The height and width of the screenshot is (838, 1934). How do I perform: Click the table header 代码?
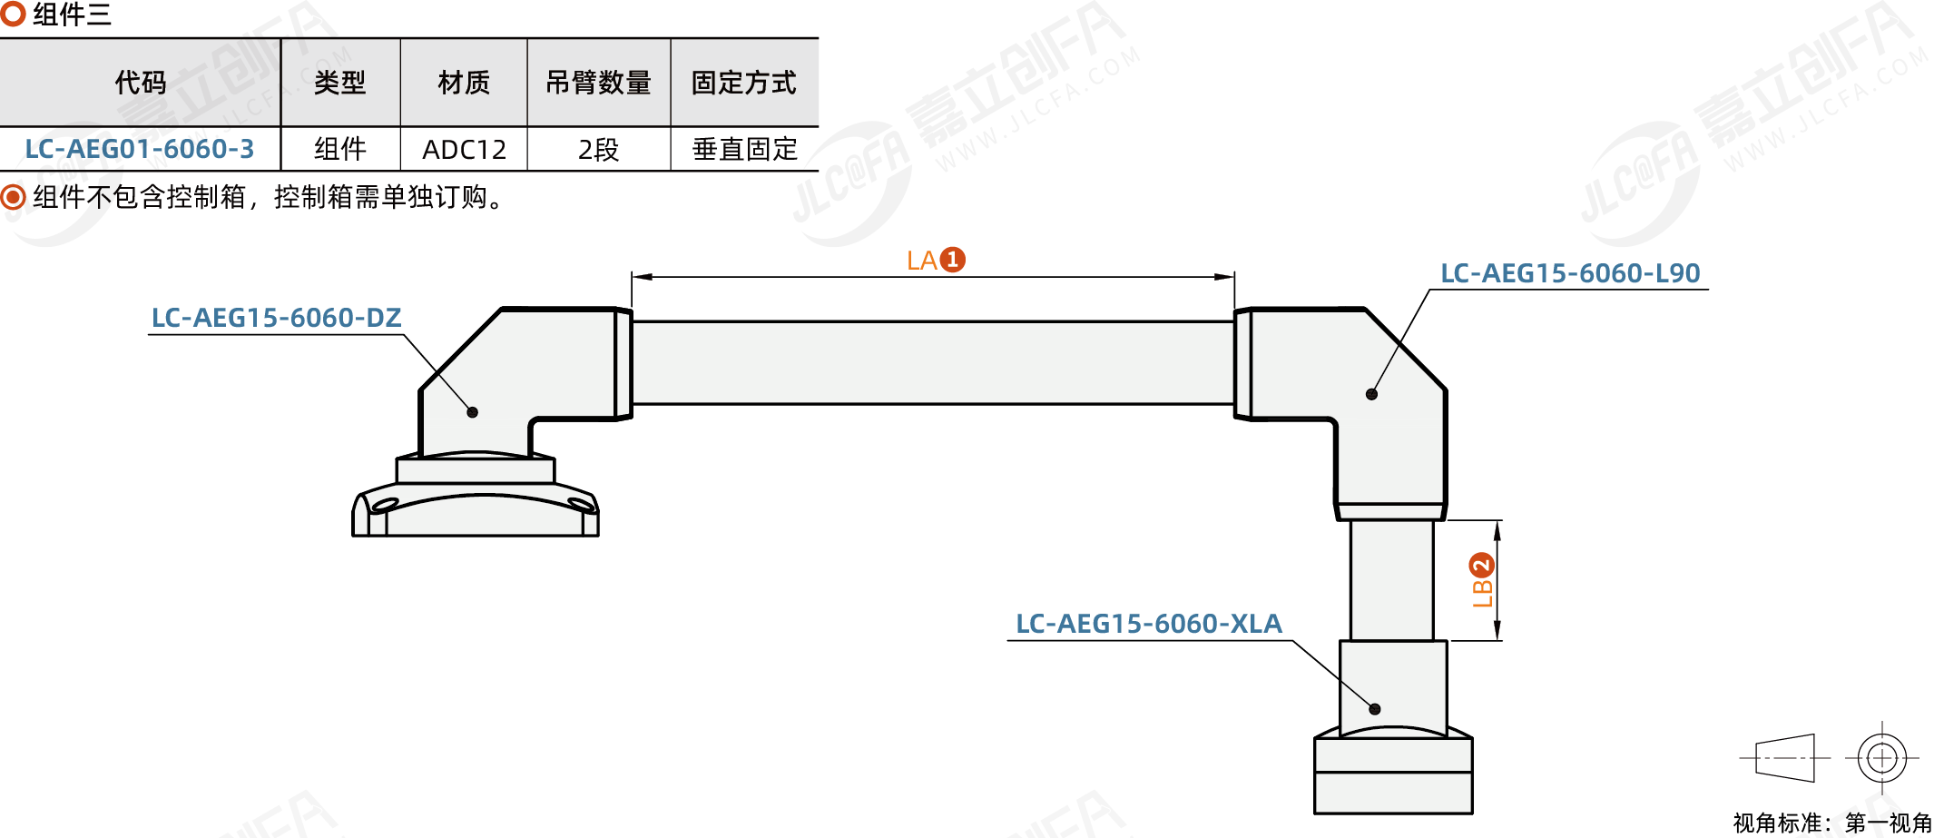pyautogui.click(x=141, y=83)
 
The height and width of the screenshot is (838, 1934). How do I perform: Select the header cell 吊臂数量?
pyautogui.click(x=598, y=83)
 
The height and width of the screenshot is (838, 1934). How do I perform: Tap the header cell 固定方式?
pyautogui.click(x=743, y=83)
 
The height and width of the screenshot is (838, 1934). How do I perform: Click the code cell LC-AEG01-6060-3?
pyautogui.click(x=140, y=149)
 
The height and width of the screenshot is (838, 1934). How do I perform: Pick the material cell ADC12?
pyautogui.click(x=464, y=149)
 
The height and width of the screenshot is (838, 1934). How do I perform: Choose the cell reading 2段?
pyautogui.click(x=598, y=149)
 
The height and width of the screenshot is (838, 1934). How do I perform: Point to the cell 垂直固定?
pyautogui.click(x=744, y=149)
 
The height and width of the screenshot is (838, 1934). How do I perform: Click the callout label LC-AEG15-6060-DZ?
pyautogui.click(x=276, y=318)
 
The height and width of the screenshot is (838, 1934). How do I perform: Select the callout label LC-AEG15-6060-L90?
pyautogui.click(x=1570, y=273)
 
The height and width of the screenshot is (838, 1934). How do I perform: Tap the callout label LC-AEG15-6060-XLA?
pyautogui.click(x=1148, y=624)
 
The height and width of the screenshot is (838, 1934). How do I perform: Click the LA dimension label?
pyautogui.click(x=922, y=261)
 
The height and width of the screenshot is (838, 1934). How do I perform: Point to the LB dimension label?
pyautogui.click(x=1482, y=592)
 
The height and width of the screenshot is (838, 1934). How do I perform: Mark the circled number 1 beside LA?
pyautogui.click(x=953, y=260)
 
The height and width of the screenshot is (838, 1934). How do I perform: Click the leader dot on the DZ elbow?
pyautogui.click(x=472, y=412)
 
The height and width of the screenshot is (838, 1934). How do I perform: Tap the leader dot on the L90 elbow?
pyautogui.click(x=1371, y=394)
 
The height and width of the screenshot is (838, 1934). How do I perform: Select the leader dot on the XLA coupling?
pyautogui.click(x=1375, y=709)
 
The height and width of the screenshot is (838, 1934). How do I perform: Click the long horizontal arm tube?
pyautogui.click(x=932, y=362)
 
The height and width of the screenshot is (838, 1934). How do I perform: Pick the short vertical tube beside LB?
pyautogui.click(x=1391, y=580)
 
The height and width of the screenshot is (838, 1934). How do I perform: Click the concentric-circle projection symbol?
pyautogui.click(x=1882, y=757)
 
